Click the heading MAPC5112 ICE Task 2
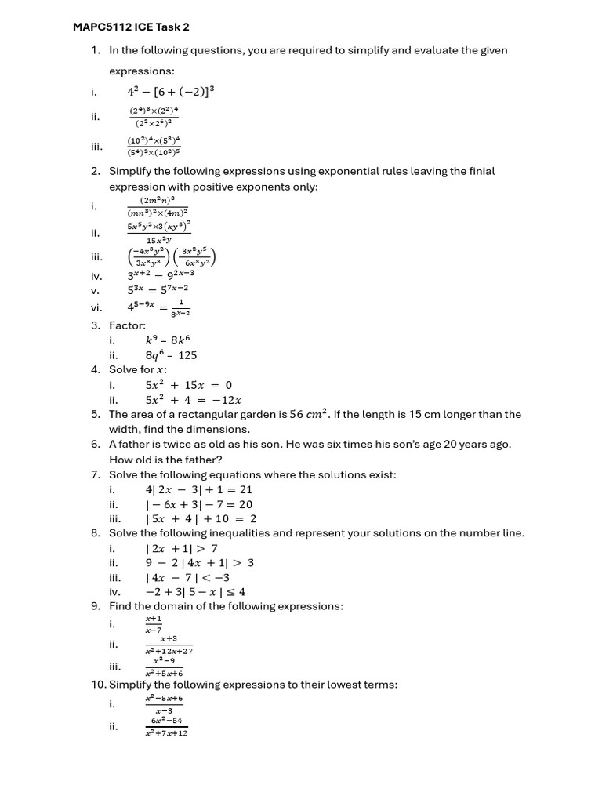(131, 27)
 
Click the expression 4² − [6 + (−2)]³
(171, 92)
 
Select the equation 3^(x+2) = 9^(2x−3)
(161, 275)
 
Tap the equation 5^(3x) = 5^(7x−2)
(158, 290)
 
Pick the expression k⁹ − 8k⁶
(168, 340)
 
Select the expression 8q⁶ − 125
(171, 355)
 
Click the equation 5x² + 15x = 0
(189, 385)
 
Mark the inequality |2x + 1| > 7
(182, 548)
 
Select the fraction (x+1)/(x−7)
(153, 624)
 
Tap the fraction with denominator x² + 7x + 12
(166, 727)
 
